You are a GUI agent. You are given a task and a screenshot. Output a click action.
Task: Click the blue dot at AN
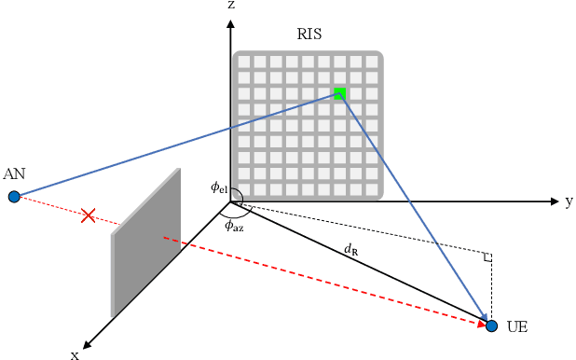pos(14,196)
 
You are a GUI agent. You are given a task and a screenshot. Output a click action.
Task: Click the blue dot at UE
pos(492,325)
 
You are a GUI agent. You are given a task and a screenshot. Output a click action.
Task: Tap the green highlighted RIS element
pos(340,93)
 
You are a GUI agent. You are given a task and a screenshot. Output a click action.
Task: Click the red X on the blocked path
pos(88,216)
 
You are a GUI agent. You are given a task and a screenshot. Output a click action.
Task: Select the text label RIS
pos(309,35)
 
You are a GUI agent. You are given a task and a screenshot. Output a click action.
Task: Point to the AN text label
pos(14,174)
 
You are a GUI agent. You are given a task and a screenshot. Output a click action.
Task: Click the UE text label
pos(517,327)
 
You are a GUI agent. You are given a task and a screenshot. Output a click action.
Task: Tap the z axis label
pos(230,7)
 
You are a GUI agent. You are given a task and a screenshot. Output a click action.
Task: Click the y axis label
pos(569,201)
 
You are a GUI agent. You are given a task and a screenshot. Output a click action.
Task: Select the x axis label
pos(75,353)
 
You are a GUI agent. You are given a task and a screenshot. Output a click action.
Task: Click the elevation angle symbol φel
pos(219,188)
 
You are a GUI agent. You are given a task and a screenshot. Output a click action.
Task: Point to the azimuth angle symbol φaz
pos(233,225)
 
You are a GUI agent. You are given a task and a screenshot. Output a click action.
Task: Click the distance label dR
pos(350,249)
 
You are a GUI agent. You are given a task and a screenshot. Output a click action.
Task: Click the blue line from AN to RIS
pos(177,145)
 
